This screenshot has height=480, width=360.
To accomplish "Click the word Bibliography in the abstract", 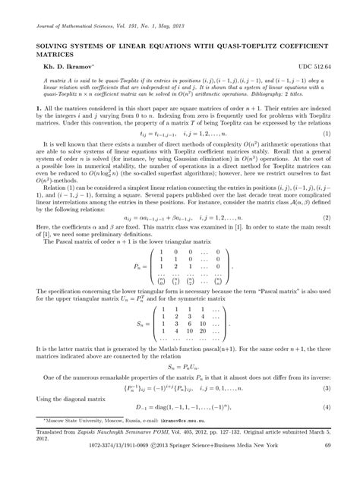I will (x=273, y=97).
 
